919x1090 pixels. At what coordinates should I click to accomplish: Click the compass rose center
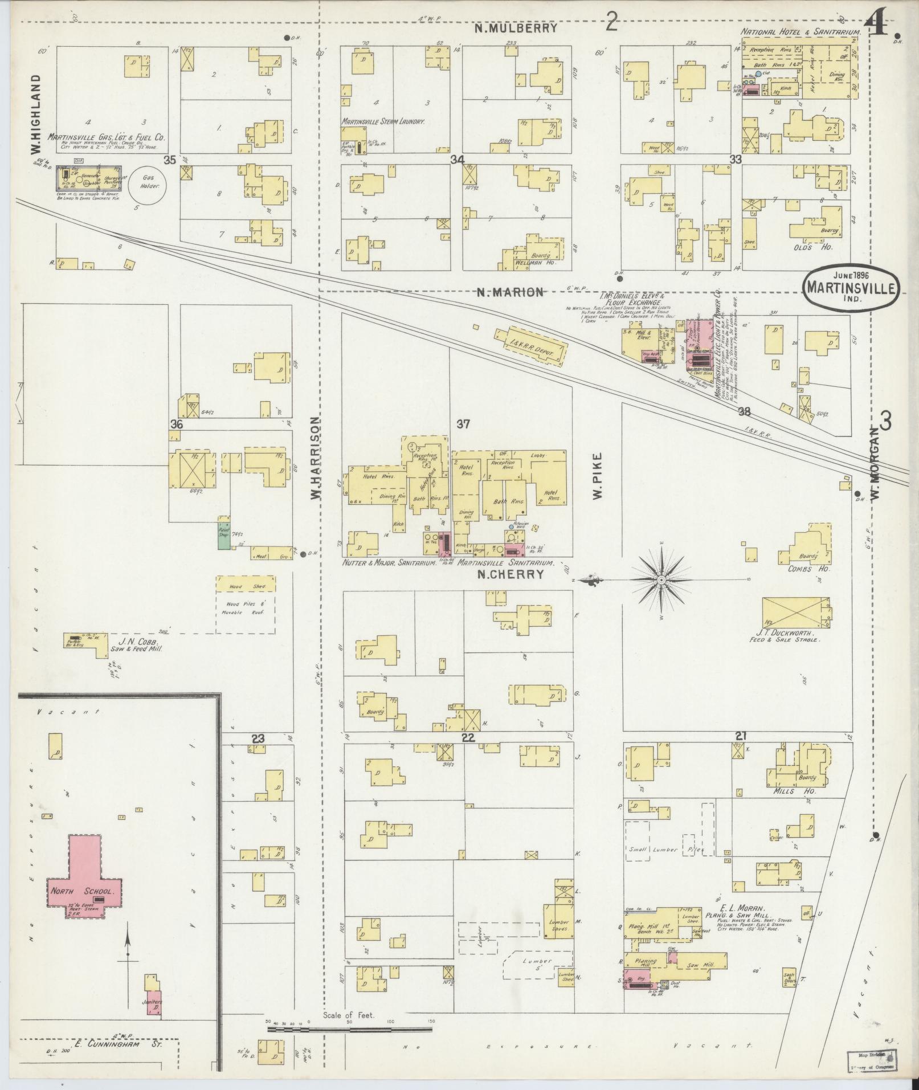pyautogui.click(x=661, y=580)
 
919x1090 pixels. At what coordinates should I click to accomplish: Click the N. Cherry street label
pyautogui.click(x=510, y=574)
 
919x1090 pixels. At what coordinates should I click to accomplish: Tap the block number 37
pyautogui.click(x=463, y=423)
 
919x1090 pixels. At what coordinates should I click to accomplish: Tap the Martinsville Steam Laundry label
pyautogui.click(x=384, y=121)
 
